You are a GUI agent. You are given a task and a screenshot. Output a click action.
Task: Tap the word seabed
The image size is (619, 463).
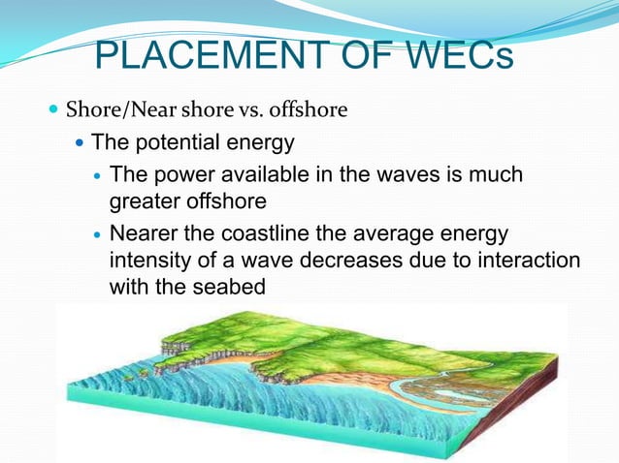pos(231,288)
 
